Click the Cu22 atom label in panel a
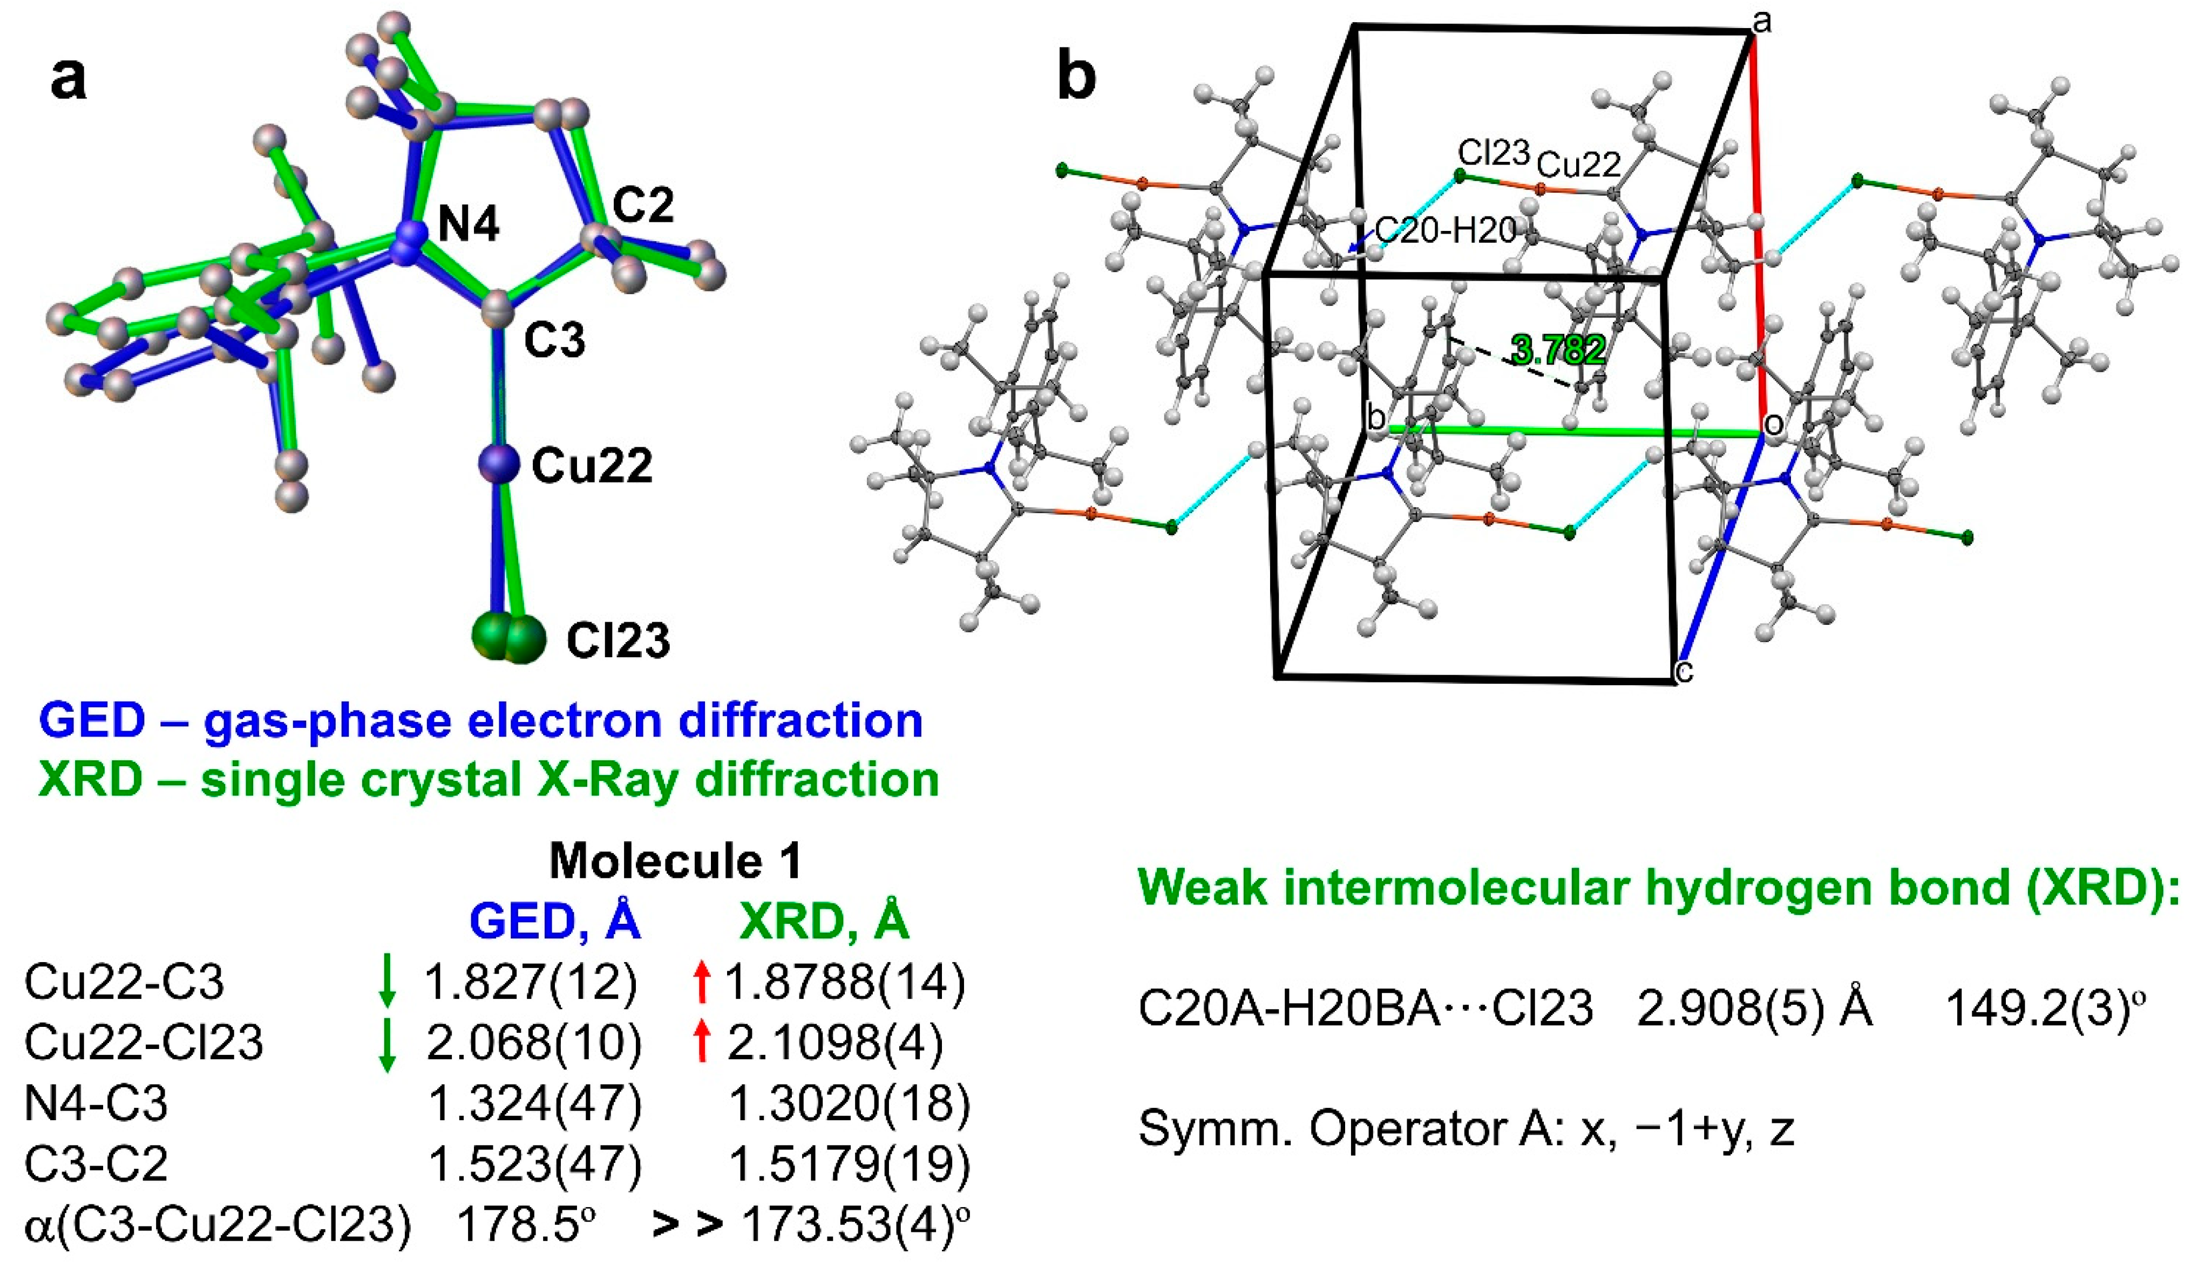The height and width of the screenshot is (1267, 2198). pos(592,466)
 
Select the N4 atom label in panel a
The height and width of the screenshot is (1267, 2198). pos(469,226)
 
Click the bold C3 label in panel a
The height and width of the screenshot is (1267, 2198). pos(554,340)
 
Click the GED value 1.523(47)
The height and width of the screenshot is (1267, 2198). pos(534,1163)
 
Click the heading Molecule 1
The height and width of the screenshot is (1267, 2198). pos(675,862)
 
